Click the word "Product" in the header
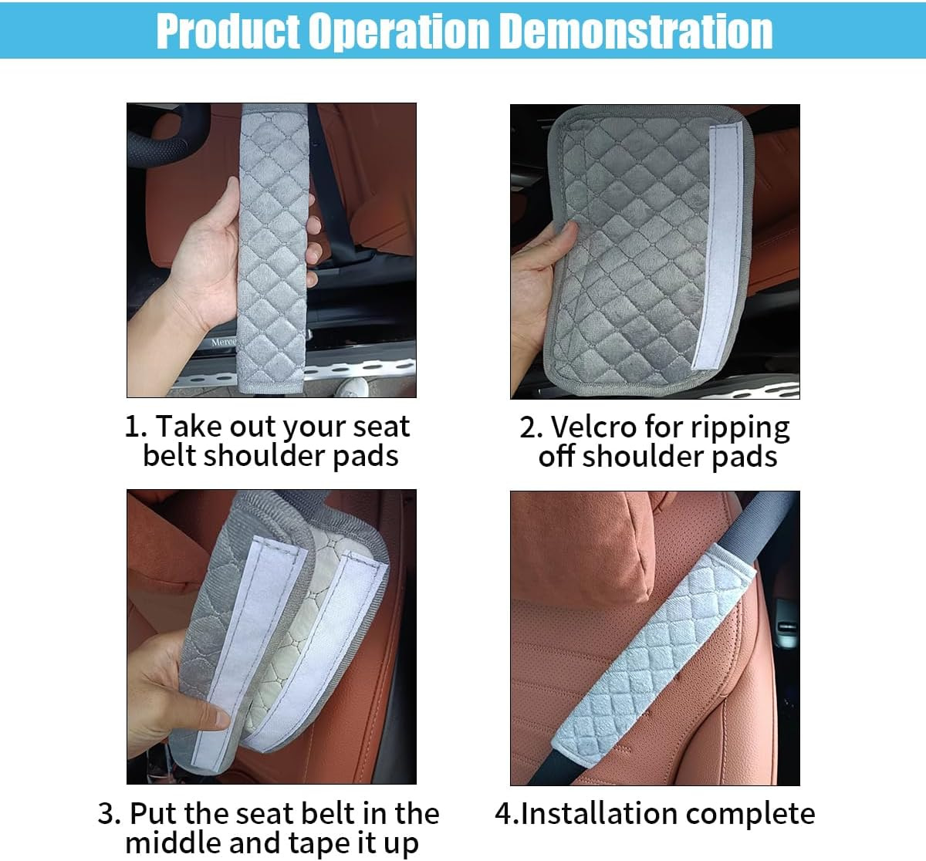[228, 32]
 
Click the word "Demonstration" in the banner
[636, 32]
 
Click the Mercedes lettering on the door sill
[224, 342]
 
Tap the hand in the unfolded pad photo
[540, 285]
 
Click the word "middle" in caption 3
[174, 842]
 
